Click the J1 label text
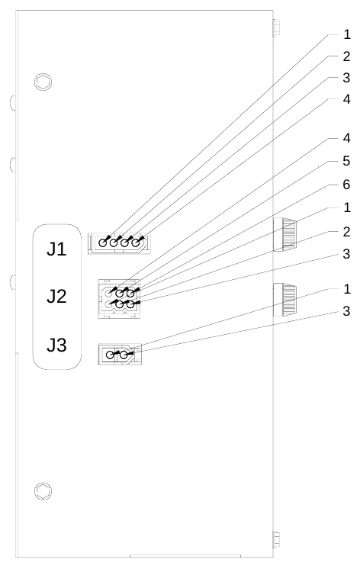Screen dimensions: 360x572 (x=56, y=249)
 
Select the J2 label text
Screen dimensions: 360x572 (x=56, y=296)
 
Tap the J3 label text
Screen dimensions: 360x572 (x=56, y=345)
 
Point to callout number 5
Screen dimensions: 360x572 (x=346, y=161)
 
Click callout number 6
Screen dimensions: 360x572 (x=346, y=185)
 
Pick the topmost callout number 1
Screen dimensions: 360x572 (x=346, y=34)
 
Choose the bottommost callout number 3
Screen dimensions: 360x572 (x=346, y=311)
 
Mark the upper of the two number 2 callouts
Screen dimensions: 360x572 (x=346, y=56)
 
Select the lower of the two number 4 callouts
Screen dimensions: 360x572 (x=346, y=138)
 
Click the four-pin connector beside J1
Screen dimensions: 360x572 (x=119, y=243)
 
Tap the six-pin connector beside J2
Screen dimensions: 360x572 (x=119, y=299)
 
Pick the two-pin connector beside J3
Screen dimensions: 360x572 (x=120, y=354)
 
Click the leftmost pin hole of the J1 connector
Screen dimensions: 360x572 (x=103, y=243)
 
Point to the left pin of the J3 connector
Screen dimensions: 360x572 (x=110, y=354)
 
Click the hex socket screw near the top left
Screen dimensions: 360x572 (x=43, y=82)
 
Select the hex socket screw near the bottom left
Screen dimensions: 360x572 (x=43, y=491)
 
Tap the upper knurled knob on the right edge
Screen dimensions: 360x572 (x=284, y=235)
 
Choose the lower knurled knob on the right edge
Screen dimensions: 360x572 (x=284, y=300)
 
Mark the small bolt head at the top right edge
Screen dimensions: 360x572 (x=276, y=28)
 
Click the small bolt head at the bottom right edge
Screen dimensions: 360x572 (x=276, y=540)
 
